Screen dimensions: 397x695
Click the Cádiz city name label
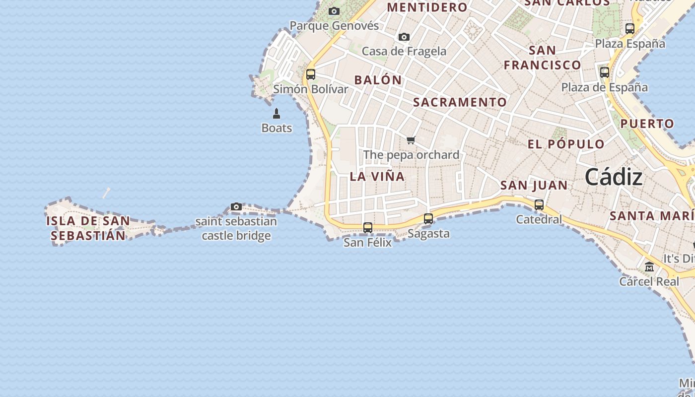[x=614, y=177]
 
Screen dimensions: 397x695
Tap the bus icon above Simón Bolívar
[x=311, y=74]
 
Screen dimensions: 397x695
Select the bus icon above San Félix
[x=368, y=228]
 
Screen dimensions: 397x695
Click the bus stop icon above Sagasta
[x=428, y=218]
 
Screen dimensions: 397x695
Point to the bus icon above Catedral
[x=539, y=204]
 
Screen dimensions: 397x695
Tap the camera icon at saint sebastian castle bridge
[x=236, y=206]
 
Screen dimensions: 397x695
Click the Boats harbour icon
[x=277, y=114]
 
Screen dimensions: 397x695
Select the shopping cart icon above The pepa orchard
[x=411, y=140]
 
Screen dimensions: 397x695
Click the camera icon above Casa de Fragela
[x=404, y=37]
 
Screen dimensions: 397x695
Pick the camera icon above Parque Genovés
[x=334, y=11]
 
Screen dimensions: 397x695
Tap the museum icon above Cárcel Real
[x=649, y=267]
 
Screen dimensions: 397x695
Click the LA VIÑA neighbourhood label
[x=377, y=177]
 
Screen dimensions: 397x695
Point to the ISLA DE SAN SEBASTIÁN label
[x=88, y=228]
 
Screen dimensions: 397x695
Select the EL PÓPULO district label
[x=566, y=144]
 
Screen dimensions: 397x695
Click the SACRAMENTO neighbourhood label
[x=460, y=102]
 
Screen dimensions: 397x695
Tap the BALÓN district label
[x=378, y=80]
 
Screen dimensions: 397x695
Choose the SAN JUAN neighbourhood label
[x=534, y=186]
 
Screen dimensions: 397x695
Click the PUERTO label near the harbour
[x=647, y=124]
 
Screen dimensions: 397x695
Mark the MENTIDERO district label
[x=427, y=7]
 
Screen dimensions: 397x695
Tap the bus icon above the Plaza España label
[x=630, y=29]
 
